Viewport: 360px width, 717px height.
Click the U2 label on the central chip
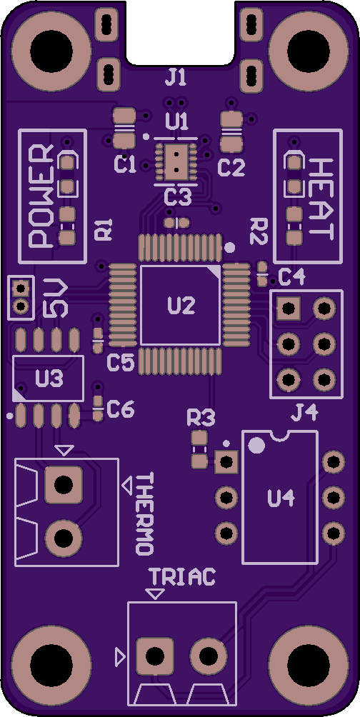pos(181,306)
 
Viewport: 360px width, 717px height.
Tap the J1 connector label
pos(176,78)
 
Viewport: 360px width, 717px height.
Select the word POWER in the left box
pos(41,196)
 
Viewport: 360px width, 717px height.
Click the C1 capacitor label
pos(125,165)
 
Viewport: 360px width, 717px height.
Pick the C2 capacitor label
pos(231,169)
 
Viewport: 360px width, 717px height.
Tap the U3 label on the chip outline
pos(49,378)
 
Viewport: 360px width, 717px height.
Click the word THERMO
pos(144,514)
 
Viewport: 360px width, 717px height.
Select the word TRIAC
pos(182,577)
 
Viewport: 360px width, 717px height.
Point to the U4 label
pos(281,498)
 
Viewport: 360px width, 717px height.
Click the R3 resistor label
pos(201,418)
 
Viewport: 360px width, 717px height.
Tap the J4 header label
pos(304,414)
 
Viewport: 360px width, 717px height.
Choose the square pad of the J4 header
pos(289,309)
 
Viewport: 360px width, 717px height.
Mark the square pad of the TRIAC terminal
pos(155,656)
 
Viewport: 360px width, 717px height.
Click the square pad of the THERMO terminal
pos(64,483)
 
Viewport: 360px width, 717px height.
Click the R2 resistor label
pos(259,231)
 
